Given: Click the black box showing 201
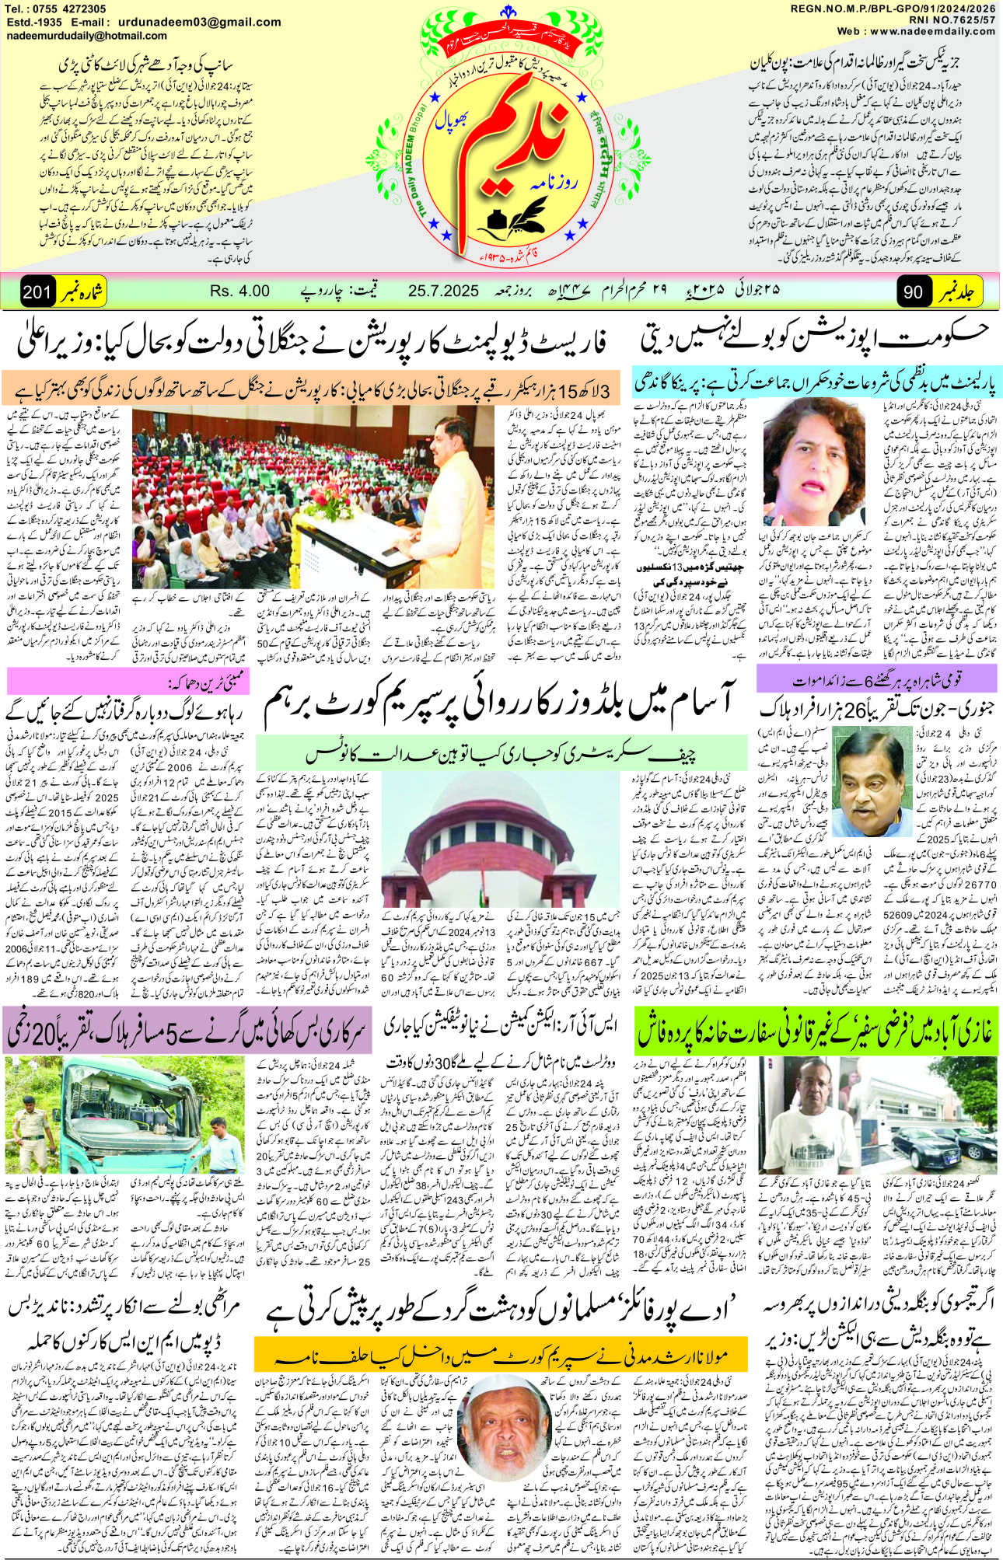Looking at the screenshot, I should [x=37, y=292].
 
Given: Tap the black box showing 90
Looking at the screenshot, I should [x=914, y=292].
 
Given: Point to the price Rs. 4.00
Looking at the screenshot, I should [x=239, y=291].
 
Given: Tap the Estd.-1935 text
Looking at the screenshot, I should [x=34, y=22].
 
